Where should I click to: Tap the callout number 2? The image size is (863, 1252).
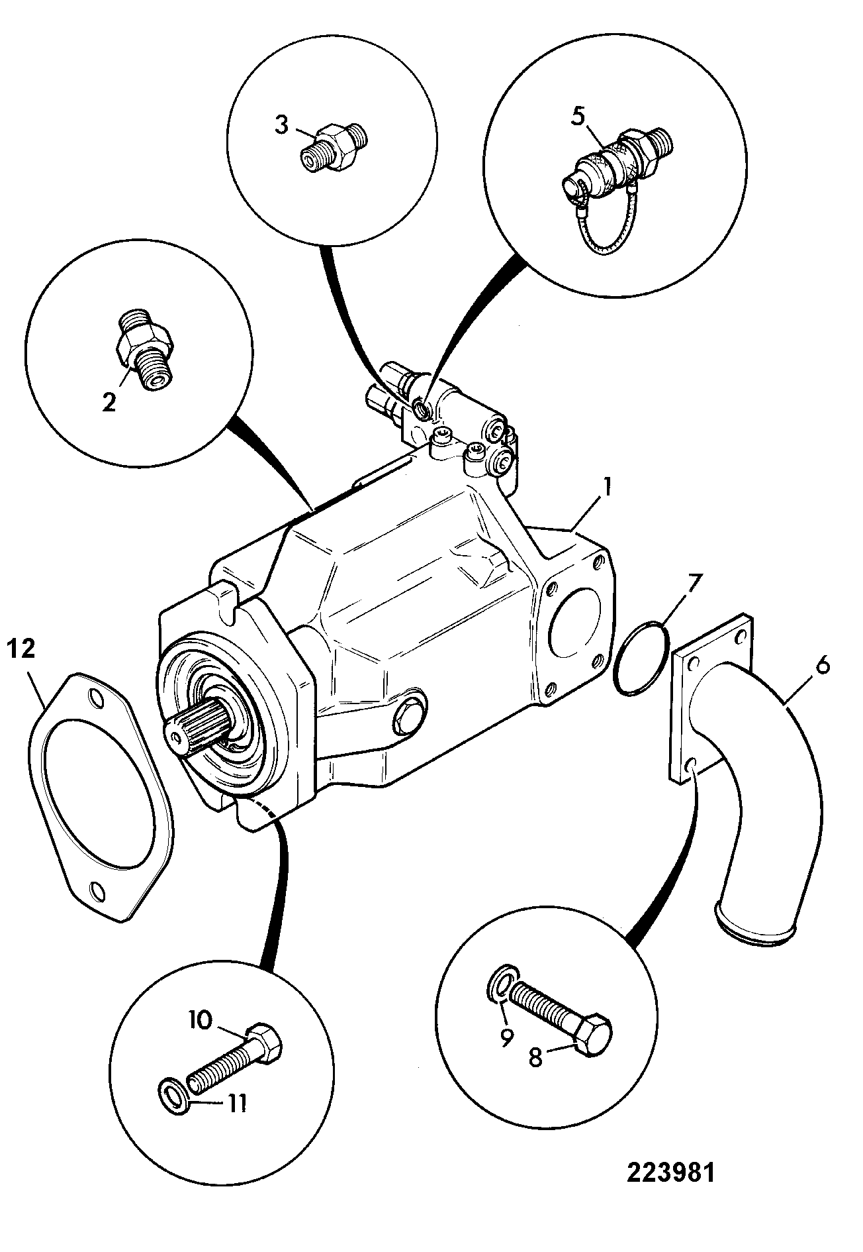(x=109, y=402)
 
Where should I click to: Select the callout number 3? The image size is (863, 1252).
(x=281, y=125)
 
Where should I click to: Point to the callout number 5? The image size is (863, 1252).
(x=578, y=117)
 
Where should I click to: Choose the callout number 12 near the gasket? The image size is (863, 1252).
(x=22, y=650)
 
